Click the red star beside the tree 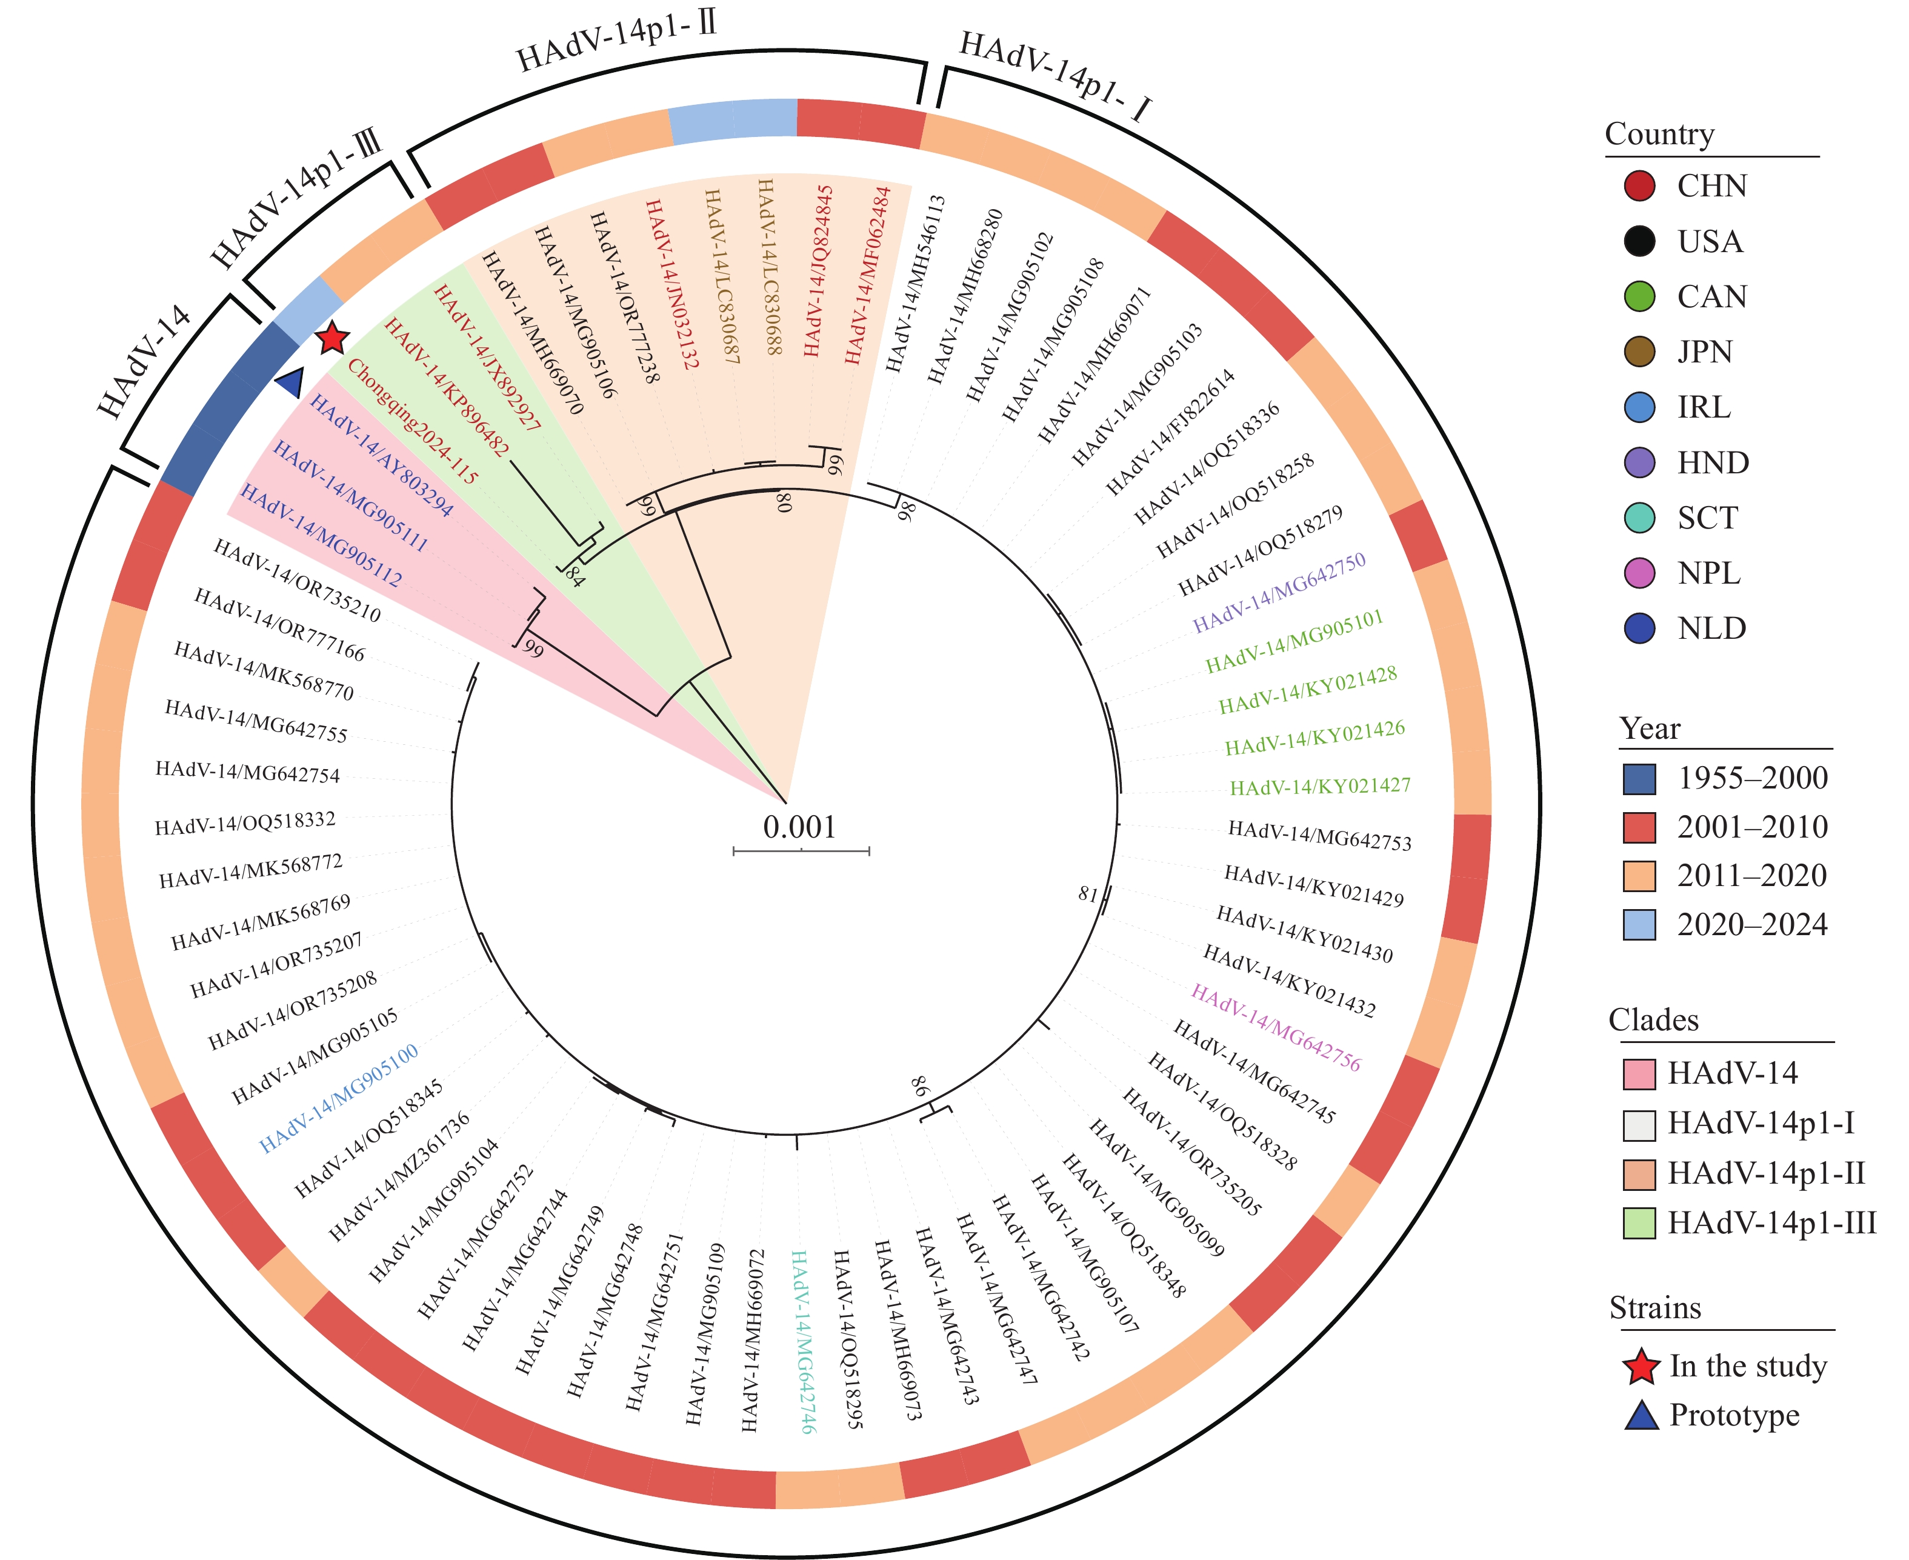(332, 338)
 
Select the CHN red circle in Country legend (1639, 186)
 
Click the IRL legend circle (1639, 407)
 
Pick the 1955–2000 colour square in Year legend (1639, 778)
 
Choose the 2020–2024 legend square (1639, 925)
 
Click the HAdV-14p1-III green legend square (1639, 1223)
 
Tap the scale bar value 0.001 (799, 827)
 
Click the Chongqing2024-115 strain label (412, 421)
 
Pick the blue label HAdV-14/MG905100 (339, 1098)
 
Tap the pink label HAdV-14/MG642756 (1276, 1028)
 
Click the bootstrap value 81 (1088, 894)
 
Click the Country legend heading (1659, 134)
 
